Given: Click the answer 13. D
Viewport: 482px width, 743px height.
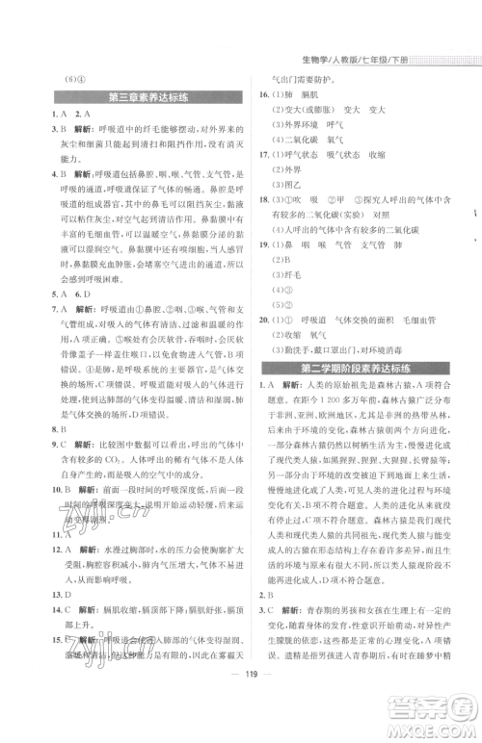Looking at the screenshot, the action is click(x=37, y=595).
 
